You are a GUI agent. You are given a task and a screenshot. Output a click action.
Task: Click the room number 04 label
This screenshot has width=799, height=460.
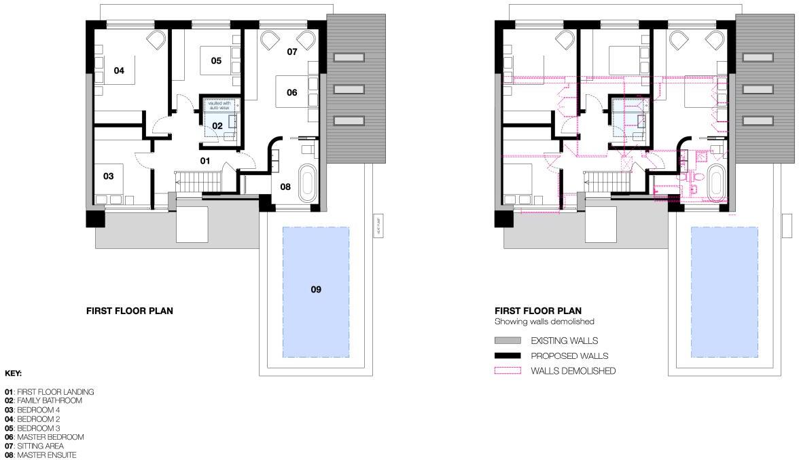pos(119,71)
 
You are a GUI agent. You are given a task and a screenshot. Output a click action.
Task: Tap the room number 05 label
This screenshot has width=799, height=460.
pos(216,61)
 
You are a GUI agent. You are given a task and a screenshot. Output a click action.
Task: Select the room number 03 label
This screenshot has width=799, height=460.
pos(108,176)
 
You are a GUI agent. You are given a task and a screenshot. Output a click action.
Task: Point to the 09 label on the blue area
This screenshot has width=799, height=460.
pos(315,289)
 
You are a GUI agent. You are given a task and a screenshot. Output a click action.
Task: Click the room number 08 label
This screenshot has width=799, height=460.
pos(286,187)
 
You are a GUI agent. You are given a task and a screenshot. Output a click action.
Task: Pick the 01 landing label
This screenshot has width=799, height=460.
pos(204,161)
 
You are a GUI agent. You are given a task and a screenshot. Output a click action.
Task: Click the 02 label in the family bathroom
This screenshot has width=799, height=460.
pos(217,126)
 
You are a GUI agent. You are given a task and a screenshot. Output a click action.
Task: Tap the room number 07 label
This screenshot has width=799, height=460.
pos(291,52)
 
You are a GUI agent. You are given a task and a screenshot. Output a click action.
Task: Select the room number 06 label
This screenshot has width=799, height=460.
pos(291,92)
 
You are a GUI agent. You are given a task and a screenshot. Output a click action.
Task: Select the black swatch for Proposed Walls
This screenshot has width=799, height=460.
pos(508,356)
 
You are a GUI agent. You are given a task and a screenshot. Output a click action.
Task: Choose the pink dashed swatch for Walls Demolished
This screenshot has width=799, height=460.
pos(508,370)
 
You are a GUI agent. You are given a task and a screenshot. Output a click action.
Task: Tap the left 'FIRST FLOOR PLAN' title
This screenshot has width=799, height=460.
pos(129,311)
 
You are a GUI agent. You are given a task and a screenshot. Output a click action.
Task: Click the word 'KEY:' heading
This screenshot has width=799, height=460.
pos(13,373)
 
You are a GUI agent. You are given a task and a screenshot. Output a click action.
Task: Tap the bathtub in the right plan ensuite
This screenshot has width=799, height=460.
pos(715,182)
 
